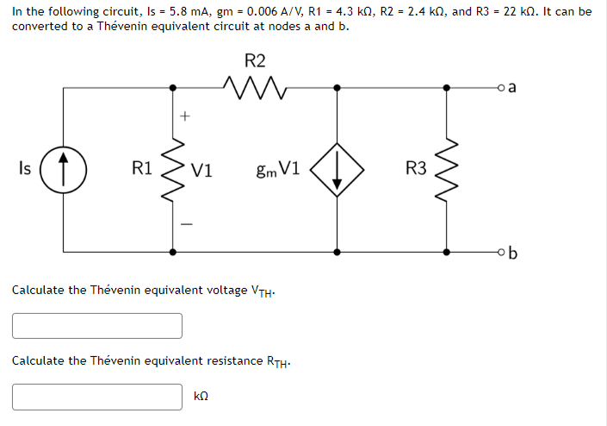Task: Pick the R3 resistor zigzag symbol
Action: (446, 169)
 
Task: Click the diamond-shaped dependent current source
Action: (336, 169)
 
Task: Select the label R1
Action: (143, 169)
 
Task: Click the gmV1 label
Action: (277, 170)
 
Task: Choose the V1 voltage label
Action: (202, 170)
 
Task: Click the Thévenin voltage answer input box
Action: (97, 325)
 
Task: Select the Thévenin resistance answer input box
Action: (97, 396)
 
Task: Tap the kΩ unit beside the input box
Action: (203, 397)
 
